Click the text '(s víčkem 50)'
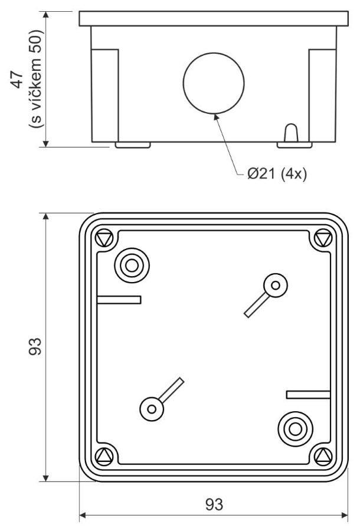(x=35, y=79)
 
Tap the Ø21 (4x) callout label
(x=277, y=173)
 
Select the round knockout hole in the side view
(x=214, y=83)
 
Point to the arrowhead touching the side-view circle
(x=216, y=117)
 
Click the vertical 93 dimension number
(x=35, y=346)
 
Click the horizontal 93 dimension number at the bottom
(x=214, y=504)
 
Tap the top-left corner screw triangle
(x=104, y=239)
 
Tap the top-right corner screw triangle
(x=323, y=239)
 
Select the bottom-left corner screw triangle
(x=104, y=456)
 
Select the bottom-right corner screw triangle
(x=323, y=456)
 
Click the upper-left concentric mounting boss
(x=132, y=265)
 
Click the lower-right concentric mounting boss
(x=295, y=429)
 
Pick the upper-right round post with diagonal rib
(x=276, y=286)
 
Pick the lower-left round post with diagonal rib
(x=152, y=409)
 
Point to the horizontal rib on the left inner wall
(x=119, y=300)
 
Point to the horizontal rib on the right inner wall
(x=308, y=395)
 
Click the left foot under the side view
(x=133, y=145)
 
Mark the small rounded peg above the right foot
(x=291, y=133)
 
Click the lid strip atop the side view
(x=214, y=19)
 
